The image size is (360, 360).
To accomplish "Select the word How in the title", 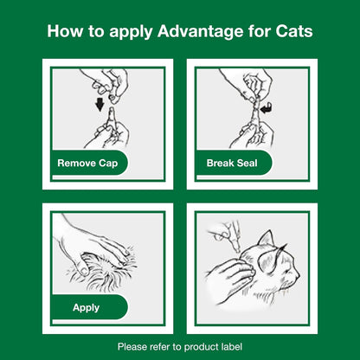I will click(65, 33).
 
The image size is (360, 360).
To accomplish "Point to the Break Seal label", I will click(233, 162).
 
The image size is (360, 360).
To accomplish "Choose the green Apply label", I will click(86, 307).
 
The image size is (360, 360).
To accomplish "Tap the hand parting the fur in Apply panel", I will click(82, 238).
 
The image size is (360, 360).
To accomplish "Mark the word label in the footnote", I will click(229, 346).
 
